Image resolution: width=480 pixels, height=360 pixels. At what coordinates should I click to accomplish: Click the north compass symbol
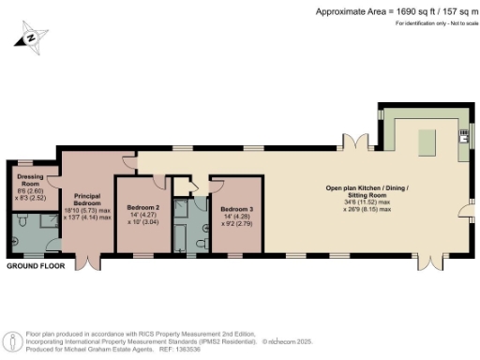31,37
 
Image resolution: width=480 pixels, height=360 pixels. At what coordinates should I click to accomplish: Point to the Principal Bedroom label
87,199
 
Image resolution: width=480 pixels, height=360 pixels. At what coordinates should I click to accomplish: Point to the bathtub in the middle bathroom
182,223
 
